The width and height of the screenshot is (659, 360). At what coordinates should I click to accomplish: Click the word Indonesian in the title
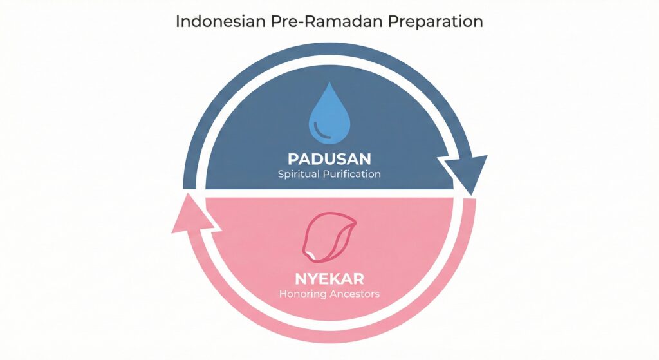(221, 21)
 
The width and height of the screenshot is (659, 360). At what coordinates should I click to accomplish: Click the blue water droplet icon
(329, 113)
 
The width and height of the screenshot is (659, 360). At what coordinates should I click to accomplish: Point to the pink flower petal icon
(329, 235)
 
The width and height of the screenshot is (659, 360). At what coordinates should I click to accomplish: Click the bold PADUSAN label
(329, 159)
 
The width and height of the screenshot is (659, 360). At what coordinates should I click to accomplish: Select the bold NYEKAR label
(329, 279)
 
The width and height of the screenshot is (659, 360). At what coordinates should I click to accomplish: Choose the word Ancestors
(355, 294)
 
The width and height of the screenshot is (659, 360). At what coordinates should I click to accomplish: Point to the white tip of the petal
(311, 254)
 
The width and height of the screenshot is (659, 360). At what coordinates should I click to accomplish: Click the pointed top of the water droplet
(329, 83)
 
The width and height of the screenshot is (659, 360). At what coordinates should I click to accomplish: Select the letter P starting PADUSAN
(293, 159)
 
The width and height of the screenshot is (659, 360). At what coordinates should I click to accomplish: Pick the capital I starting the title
(178, 21)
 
